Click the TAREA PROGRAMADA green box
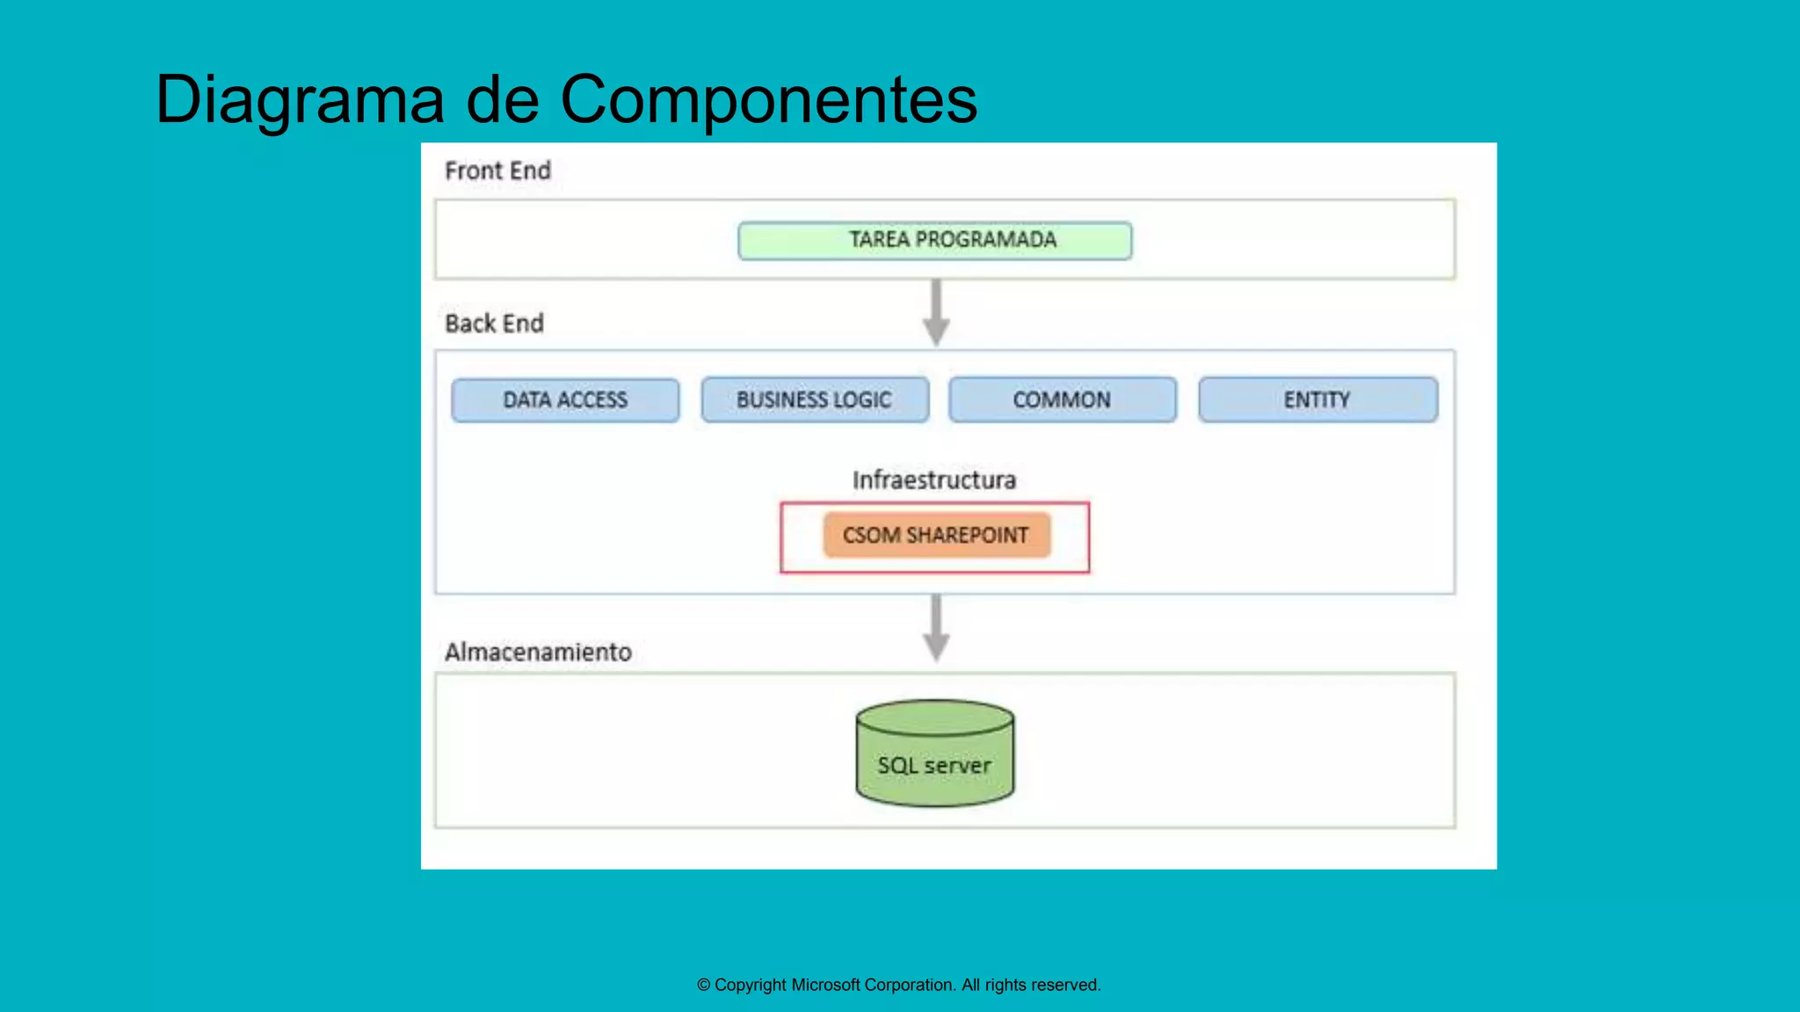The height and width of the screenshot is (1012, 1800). click(934, 240)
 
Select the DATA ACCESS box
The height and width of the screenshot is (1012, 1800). click(565, 400)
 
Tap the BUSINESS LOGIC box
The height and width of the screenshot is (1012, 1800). click(814, 400)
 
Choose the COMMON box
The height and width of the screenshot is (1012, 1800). click(1062, 400)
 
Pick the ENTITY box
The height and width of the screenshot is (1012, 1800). click(1317, 400)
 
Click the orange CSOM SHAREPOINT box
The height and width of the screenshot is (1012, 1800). click(936, 535)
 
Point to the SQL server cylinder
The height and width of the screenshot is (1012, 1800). click(934, 764)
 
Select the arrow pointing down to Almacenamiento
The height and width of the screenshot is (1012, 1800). click(936, 628)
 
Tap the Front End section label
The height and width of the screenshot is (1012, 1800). click(497, 170)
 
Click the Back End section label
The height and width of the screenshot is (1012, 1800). click(494, 323)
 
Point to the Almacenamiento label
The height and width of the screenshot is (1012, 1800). click(538, 652)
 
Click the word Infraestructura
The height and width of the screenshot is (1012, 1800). click(933, 480)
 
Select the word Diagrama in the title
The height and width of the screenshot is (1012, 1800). click(300, 99)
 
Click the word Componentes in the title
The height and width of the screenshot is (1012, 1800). click(768, 99)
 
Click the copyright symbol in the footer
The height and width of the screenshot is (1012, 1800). click(704, 985)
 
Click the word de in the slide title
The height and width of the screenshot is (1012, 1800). click(502, 99)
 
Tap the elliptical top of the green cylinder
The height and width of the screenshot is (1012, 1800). click(934, 717)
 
